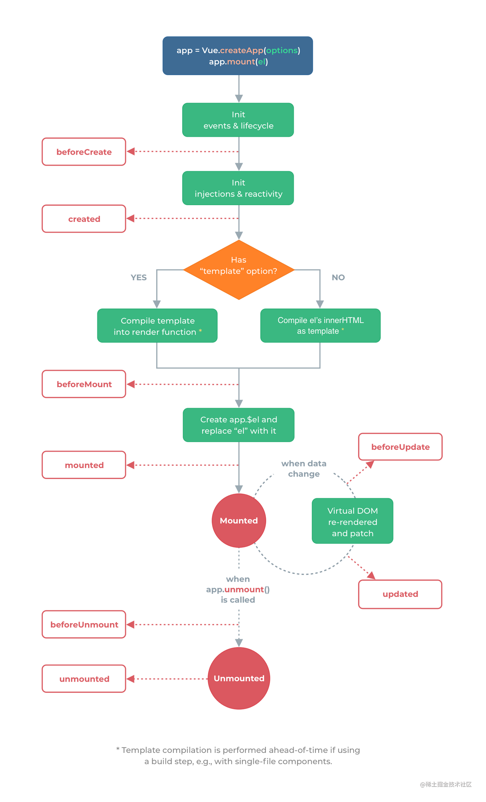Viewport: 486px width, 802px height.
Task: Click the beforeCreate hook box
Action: pos(84,152)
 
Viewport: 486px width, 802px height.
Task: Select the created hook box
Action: pos(84,219)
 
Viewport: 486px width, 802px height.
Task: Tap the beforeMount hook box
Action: pos(84,384)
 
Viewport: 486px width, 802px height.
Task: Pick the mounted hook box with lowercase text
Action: pos(84,465)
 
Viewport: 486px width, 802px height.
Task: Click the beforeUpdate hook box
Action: pos(400,447)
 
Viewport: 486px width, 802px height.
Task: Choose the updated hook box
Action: pos(400,594)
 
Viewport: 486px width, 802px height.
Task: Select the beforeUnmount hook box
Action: pos(84,624)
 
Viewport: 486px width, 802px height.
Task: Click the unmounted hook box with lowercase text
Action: pos(84,679)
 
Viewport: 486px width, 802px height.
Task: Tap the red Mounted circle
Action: pos(239,520)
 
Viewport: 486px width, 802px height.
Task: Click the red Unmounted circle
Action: pos(239,678)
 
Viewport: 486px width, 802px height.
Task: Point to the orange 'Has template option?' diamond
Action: pos(239,270)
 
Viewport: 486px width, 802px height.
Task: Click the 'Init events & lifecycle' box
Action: pos(238,120)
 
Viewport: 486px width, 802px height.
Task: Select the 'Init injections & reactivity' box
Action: pos(238,188)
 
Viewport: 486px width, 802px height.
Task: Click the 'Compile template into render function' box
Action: pos(157,326)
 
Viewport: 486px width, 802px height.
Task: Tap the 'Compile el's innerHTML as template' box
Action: pos(320,326)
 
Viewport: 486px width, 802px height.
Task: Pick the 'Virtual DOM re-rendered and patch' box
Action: pos(352,521)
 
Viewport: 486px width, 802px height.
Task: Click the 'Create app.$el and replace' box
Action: pos(239,425)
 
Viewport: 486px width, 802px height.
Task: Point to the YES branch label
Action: pos(139,277)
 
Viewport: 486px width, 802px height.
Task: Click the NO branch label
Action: pos(338,277)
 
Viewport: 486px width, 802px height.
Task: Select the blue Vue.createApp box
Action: pos(238,56)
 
